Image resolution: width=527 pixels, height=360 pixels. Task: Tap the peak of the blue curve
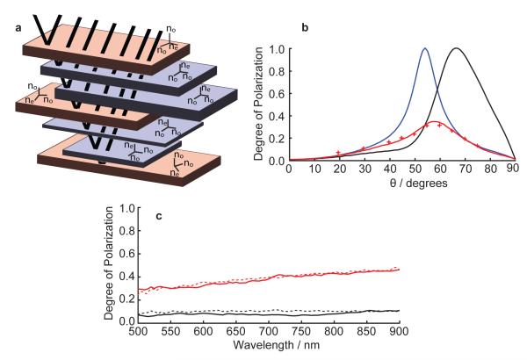425,49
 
